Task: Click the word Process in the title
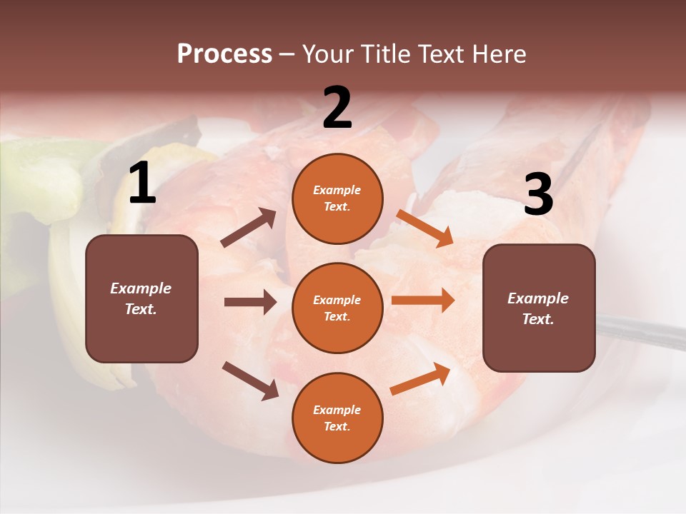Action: [224, 54]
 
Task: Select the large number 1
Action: [142, 184]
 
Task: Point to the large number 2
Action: [337, 109]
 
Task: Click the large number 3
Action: [538, 194]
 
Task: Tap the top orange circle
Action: [337, 198]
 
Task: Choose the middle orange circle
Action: [337, 308]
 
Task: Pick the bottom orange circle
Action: [337, 418]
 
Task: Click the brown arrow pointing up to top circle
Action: [249, 228]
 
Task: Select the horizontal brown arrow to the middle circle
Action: [250, 302]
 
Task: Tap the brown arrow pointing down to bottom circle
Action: [250, 381]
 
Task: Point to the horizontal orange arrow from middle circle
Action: [423, 301]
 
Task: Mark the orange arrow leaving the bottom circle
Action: [421, 378]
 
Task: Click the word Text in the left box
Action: [141, 310]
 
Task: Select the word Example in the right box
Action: [538, 298]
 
